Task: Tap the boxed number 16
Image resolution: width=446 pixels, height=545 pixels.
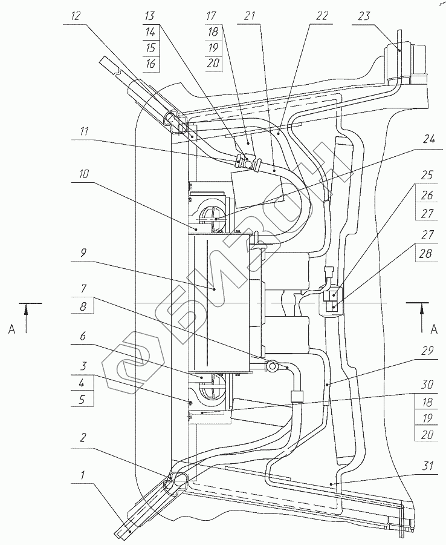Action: tap(150, 64)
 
